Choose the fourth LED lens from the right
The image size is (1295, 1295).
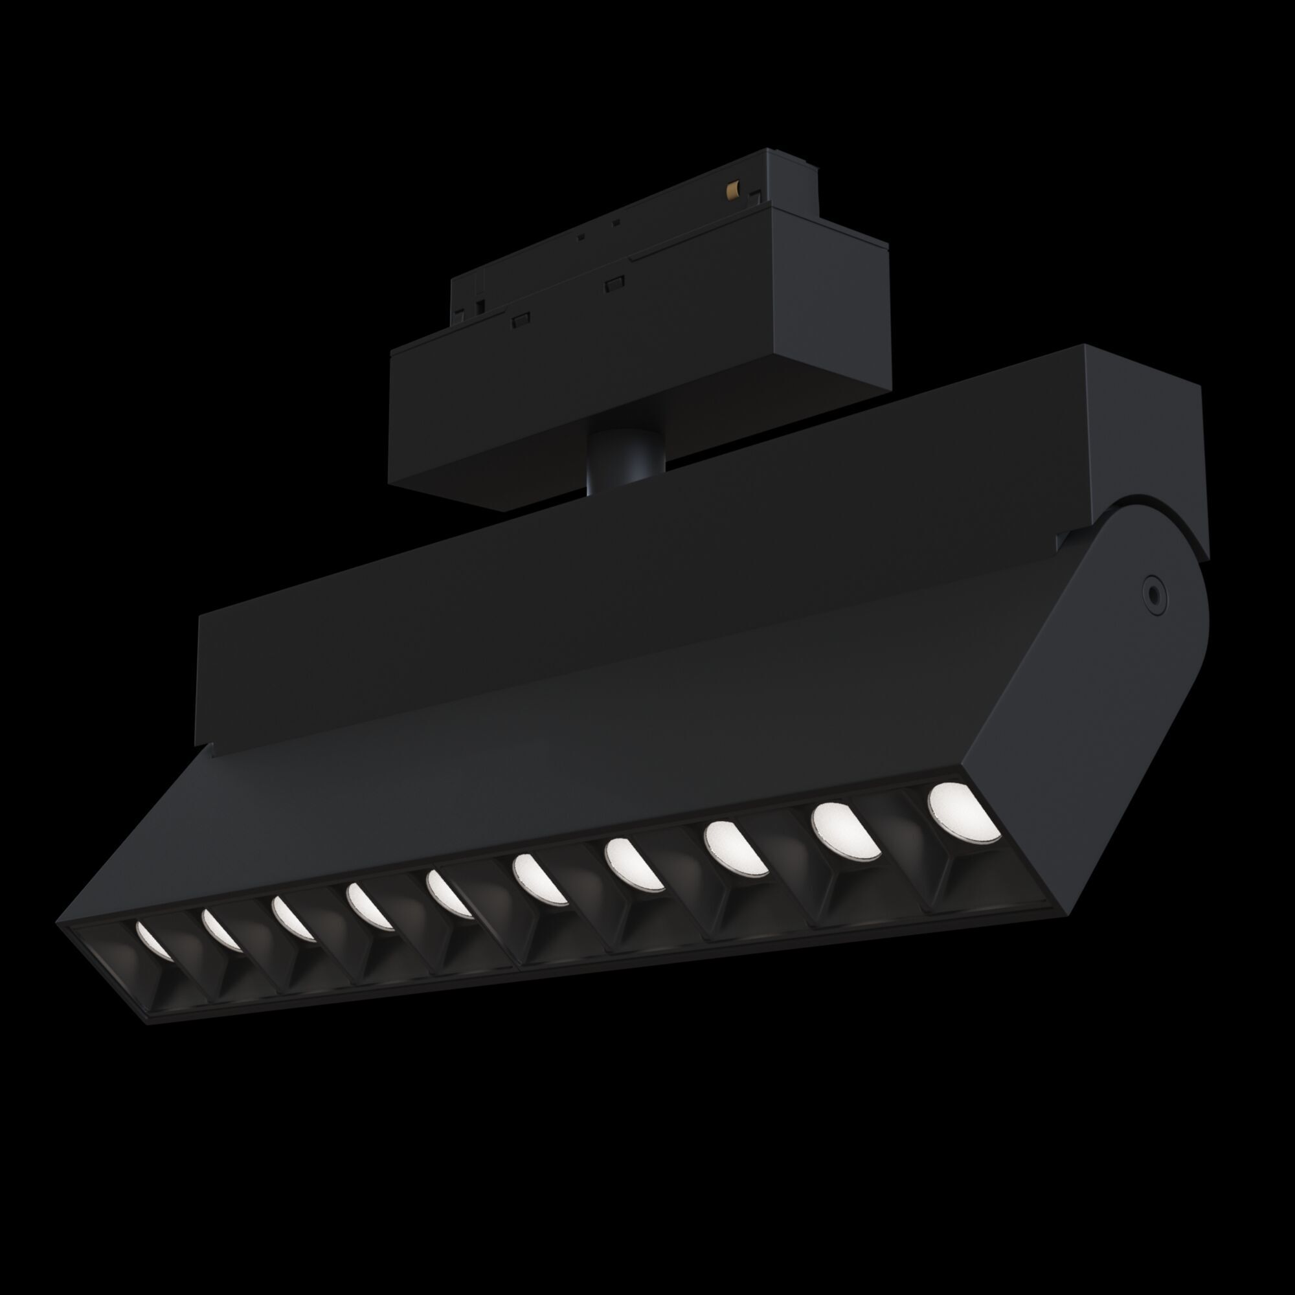[633, 866]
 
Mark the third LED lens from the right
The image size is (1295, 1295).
[736, 850]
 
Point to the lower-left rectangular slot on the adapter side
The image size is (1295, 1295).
[521, 320]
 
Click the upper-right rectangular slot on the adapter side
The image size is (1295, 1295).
[614, 284]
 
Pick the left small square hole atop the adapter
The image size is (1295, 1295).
[580, 236]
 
